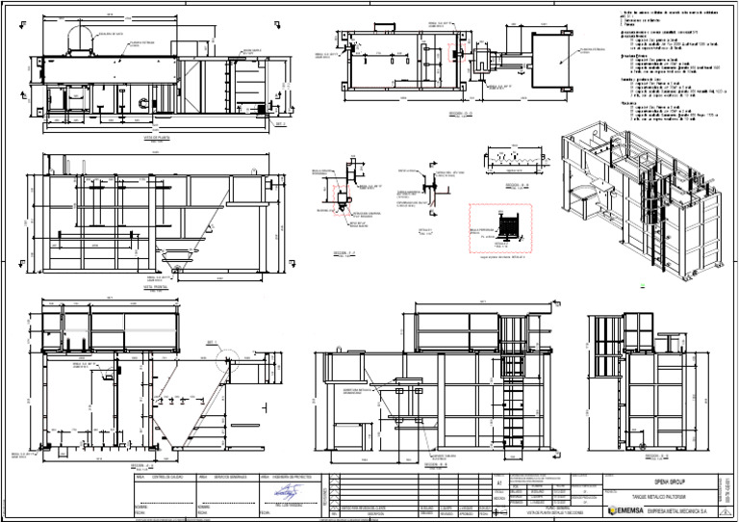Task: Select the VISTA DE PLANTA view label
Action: pyautogui.click(x=156, y=138)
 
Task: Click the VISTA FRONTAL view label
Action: pyautogui.click(x=155, y=286)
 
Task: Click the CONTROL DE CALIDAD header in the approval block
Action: pyautogui.click(x=154, y=477)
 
